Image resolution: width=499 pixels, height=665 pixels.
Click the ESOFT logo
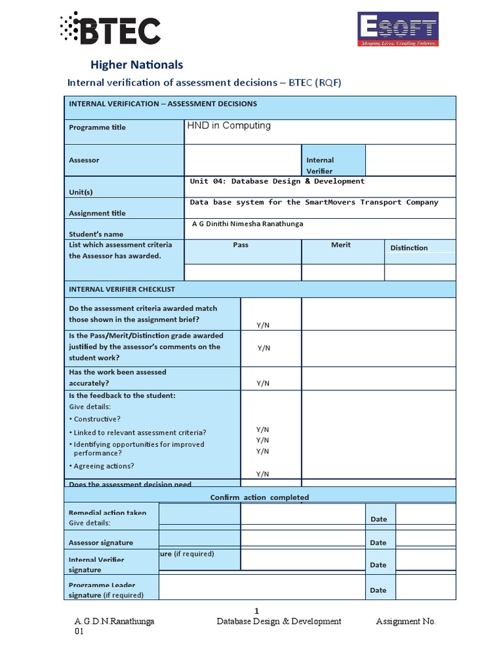(x=398, y=31)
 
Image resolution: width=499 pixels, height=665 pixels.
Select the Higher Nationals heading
(x=136, y=64)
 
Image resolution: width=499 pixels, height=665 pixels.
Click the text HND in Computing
(x=229, y=125)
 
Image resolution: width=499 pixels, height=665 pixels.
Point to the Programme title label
(x=97, y=127)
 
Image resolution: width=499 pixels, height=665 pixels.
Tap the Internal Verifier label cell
(x=320, y=165)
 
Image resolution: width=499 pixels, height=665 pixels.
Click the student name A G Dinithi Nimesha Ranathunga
(x=248, y=223)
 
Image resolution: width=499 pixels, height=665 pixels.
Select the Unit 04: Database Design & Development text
(x=277, y=181)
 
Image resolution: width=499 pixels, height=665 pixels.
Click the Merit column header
(x=340, y=245)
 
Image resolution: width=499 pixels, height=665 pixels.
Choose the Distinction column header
(x=409, y=247)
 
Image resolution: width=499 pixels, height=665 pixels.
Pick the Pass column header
(x=240, y=245)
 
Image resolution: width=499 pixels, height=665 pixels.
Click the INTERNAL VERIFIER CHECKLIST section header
(x=122, y=289)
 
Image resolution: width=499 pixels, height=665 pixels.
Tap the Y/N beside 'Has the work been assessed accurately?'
(x=262, y=383)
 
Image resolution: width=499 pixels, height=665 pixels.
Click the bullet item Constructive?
(x=97, y=419)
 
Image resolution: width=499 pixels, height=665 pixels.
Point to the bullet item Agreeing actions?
(x=104, y=466)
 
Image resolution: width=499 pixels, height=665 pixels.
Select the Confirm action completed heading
(x=259, y=497)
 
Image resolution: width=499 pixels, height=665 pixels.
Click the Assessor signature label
(x=101, y=542)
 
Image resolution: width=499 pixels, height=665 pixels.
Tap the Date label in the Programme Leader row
(x=378, y=590)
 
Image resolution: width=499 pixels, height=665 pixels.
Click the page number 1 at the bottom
(x=257, y=610)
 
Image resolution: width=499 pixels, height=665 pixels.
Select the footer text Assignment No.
(x=405, y=621)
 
